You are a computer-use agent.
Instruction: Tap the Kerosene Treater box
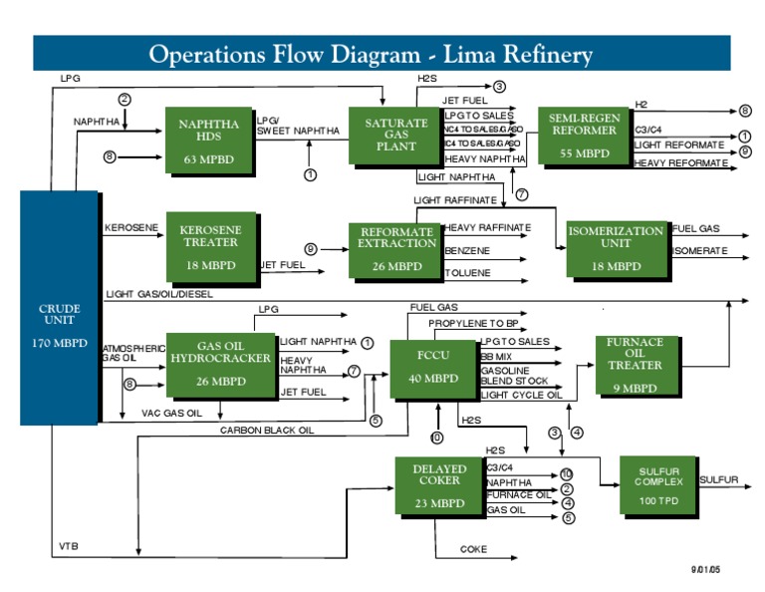(x=209, y=247)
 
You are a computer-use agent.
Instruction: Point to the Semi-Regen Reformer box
(x=585, y=136)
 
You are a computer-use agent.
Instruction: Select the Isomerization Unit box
(x=616, y=249)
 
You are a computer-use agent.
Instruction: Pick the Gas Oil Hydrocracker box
(x=221, y=364)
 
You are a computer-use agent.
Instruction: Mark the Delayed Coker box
(x=439, y=486)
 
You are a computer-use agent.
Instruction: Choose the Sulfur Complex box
(x=658, y=486)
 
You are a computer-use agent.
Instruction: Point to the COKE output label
(x=473, y=549)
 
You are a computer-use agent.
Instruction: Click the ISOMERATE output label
(x=699, y=251)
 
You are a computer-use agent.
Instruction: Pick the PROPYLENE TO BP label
(x=474, y=325)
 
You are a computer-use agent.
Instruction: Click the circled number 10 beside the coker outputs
(x=567, y=473)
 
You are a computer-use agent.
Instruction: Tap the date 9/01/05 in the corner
(x=705, y=569)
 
